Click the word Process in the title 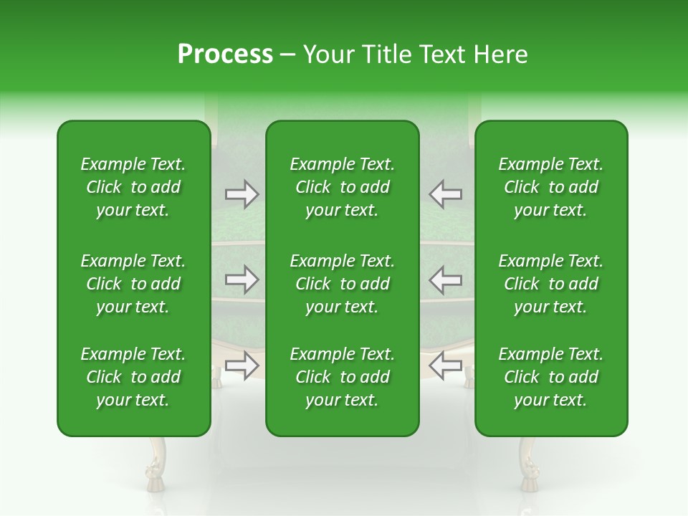coord(225,54)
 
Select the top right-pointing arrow coord(242,194)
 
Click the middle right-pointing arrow coord(242,279)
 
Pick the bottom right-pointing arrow coord(242,365)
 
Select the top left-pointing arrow coord(446,194)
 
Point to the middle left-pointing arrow coord(446,279)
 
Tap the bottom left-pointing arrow coord(446,365)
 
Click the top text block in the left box coord(133,187)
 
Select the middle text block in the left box coord(133,284)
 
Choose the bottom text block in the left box coord(133,377)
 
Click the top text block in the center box coord(343,187)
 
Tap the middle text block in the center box coord(343,284)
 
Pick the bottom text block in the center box coord(343,377)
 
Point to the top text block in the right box coord(551,187)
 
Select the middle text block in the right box coord(551,284)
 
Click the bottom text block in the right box coord(551,377)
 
